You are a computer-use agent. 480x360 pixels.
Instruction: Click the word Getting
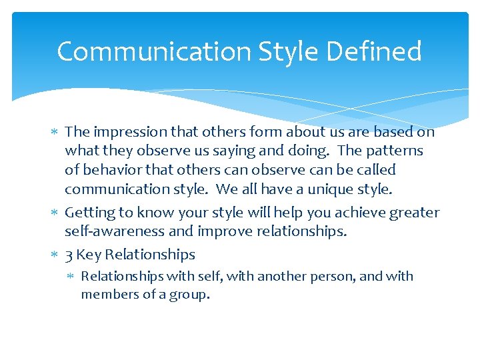pos(90,213)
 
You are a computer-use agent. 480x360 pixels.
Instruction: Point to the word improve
pos(226,231)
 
